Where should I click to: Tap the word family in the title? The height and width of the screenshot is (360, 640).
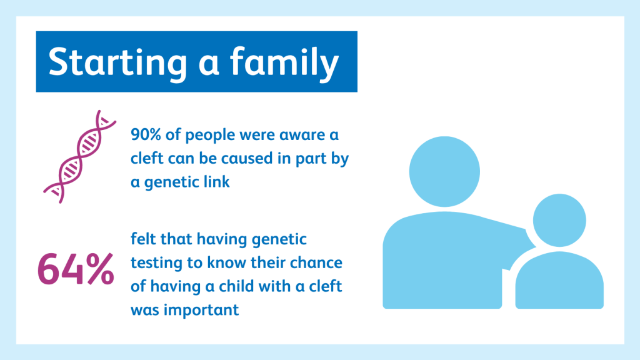coord(284,62)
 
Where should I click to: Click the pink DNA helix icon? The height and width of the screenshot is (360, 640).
coord(80,156)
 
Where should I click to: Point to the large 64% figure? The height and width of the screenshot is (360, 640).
coord(76,269)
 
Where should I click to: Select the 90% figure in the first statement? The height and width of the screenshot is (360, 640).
coord(146,135)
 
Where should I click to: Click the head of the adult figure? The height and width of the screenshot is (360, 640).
coord(444,171)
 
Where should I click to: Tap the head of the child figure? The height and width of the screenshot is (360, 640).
coord(559,221)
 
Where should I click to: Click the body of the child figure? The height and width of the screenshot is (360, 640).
coord(559,280)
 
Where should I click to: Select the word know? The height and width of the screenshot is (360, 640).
coord(226,262)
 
